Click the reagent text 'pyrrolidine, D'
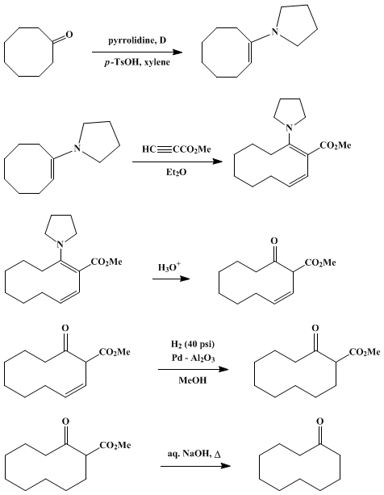[137, 40]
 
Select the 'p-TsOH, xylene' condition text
[137, 62]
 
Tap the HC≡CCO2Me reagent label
[176, 149]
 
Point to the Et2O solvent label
[177, 172]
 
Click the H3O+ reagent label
[169, 267]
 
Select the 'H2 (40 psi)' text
[192, 344]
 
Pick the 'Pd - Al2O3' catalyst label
[194, 359]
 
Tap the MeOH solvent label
[193, 380]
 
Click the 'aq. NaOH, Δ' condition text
[194, 455]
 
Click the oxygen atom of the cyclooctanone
[69, 34]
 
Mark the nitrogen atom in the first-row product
[275, 31]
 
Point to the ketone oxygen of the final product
[320, 422]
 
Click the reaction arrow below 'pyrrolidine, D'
[137, 52]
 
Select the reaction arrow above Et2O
[177, 162]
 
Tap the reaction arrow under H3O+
[171, 279]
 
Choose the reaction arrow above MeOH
[194, 369]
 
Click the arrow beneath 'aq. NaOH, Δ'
[195, 466]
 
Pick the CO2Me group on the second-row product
[335, 145]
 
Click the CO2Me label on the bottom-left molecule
[115, 446]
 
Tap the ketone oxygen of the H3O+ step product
[274, 241]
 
